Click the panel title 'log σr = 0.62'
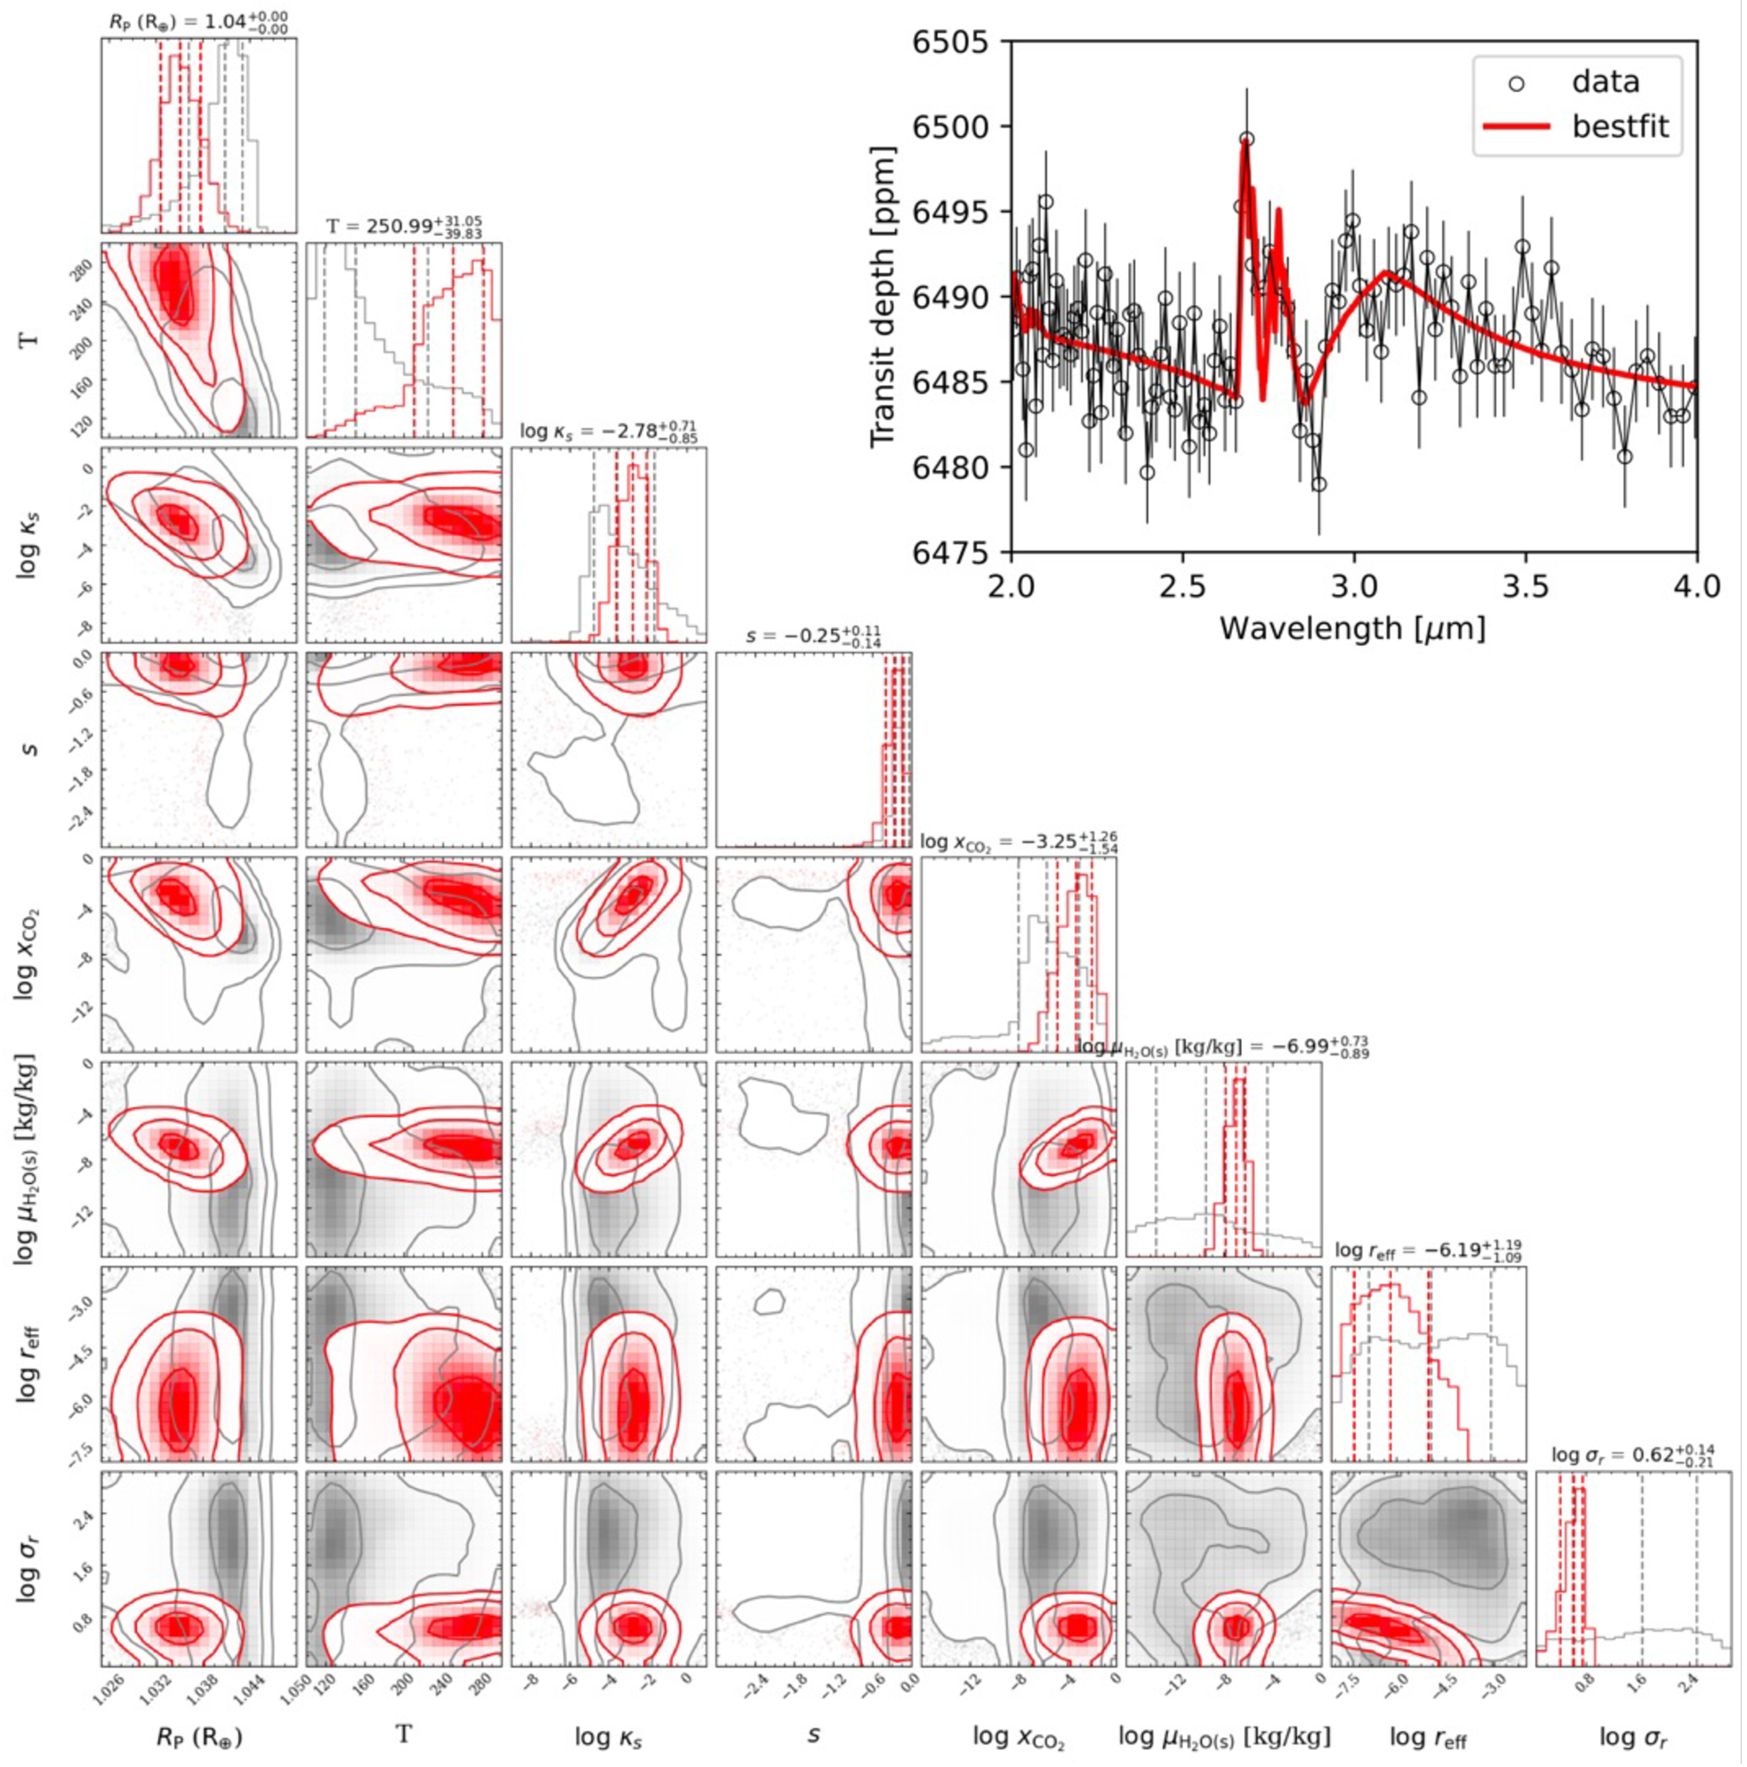1633,1456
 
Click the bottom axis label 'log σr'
1633,1734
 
